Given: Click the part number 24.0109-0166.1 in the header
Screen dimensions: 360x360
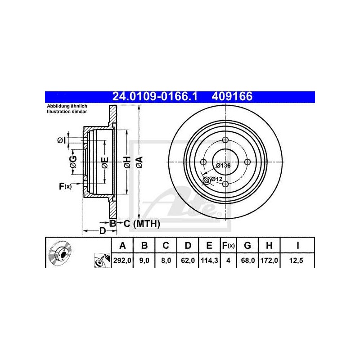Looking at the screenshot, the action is [155, 96].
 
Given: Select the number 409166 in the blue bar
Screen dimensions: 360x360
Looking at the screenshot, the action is [232, 96].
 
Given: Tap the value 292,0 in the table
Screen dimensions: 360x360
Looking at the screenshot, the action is [122, 261].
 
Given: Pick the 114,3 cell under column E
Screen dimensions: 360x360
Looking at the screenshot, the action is [209, 261].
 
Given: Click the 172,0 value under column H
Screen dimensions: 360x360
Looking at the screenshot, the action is [269, 261].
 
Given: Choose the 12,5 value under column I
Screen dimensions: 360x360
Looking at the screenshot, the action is [296, 261].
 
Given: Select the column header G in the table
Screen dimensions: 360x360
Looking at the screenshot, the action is [247, 246].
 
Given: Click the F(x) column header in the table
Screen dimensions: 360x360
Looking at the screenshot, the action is [228, 246].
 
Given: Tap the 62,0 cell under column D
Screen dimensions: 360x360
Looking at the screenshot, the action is [188, 261].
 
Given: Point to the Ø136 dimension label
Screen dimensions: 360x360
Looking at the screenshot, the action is [223, 166].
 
